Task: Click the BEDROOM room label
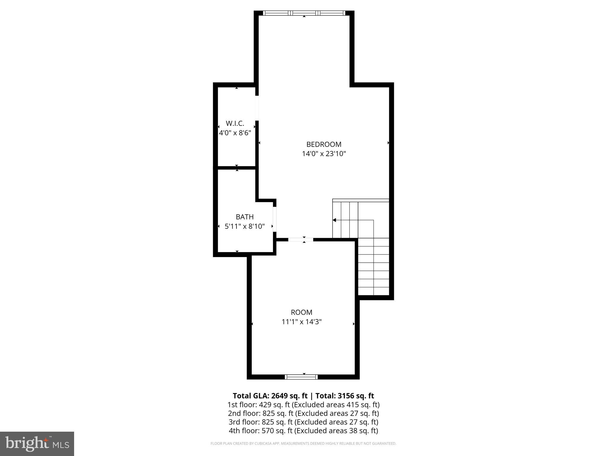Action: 324,144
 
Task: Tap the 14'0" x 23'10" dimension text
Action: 324,154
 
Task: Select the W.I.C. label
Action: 235,123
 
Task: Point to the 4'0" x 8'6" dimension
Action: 235,133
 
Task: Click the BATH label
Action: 245,217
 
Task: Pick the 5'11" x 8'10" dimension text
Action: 245,226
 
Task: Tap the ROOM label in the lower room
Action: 301,312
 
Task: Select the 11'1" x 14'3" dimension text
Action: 301,322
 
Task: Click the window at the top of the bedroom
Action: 304,13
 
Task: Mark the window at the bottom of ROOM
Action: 301,377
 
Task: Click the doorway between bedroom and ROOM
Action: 301,240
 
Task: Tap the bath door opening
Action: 274,219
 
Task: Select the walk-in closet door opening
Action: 257,108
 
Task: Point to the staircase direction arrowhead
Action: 334,220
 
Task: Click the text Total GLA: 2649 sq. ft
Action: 270,396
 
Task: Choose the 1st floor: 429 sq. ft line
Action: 303,405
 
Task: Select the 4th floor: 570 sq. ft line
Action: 303,430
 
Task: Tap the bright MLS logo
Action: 37,444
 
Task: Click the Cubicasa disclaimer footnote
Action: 303,444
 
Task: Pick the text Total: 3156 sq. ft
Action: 344,396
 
